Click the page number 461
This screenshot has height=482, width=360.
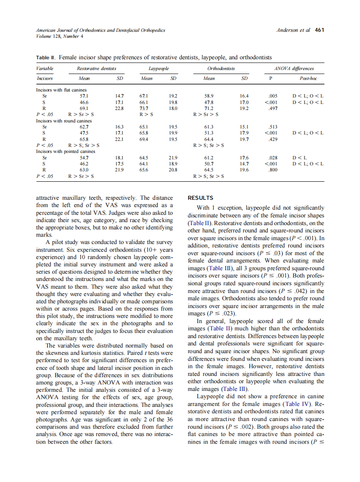click(x=320, y=30)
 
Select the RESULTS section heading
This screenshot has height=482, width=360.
click(x=201, y=198)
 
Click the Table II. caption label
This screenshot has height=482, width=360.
click(x=46, y=57)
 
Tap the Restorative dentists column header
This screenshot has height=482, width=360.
click(x=96, y=68)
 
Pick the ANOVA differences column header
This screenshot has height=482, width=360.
click(x=294, y=68)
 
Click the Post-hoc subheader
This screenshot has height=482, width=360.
click(x=307, y=79)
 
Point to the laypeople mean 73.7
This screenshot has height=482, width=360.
click(x=147, y=109)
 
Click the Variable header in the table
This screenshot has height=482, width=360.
click(x=45, y=68)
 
